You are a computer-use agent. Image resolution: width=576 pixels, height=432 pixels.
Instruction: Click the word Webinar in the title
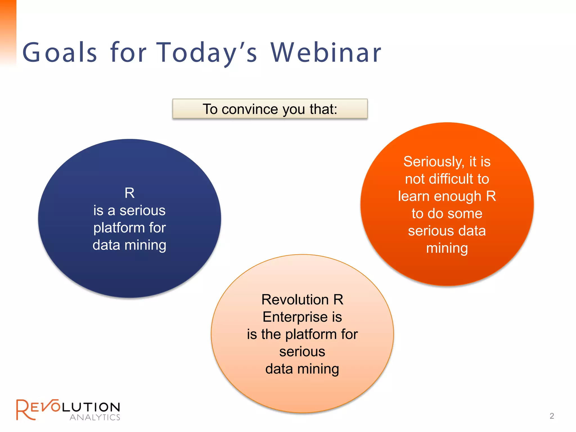[x=326, y=52]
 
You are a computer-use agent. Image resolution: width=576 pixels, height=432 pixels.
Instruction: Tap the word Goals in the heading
[x=60, y=52]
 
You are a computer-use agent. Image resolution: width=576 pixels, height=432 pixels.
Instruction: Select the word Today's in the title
[x=206, y=53]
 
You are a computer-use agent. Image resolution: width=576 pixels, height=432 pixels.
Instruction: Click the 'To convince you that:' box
[x=270, y=109]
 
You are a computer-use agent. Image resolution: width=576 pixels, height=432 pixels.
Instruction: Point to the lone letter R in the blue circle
[x=130, y=193]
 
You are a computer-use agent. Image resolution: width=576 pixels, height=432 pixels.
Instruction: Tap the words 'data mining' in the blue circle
[x=129, y=245]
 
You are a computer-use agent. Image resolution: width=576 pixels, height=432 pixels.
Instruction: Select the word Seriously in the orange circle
[x=433, y=162]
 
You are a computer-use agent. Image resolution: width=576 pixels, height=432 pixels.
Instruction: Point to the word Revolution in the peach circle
[x=295, y=300]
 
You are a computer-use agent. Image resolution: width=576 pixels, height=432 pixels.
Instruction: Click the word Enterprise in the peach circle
[x=295, y=317]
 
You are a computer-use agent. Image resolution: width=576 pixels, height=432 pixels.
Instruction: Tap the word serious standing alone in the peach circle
[x=302, y=352]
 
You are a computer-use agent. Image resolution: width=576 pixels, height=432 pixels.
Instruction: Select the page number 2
[x=552, y=416]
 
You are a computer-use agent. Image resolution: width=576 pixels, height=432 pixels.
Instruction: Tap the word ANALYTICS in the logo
[x=95, y=417]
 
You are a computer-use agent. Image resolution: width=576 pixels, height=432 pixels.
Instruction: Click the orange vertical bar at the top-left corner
[x=8, y=31]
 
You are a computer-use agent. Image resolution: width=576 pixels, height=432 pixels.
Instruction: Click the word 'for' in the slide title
[x=128, y=52]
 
